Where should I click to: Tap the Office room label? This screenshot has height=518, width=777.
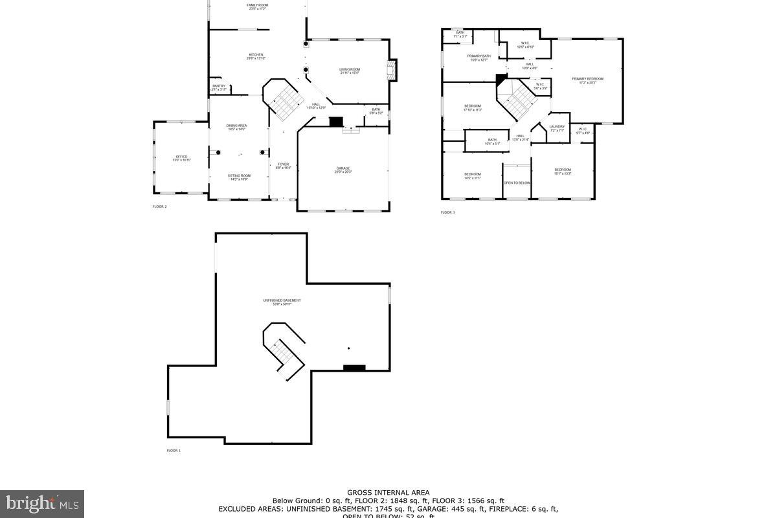point(181,157)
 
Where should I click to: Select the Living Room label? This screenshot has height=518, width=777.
point(350,71)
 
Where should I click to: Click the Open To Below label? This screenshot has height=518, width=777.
point(517,183)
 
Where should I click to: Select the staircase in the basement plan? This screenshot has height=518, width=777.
point(285,353)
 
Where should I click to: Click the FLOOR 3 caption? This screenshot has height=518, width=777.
point(447,212)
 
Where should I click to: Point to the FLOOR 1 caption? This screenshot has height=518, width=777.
point(174,450)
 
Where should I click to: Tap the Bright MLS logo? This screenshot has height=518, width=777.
point(42,502)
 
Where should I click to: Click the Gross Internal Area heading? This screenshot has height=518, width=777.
point(388,493)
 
